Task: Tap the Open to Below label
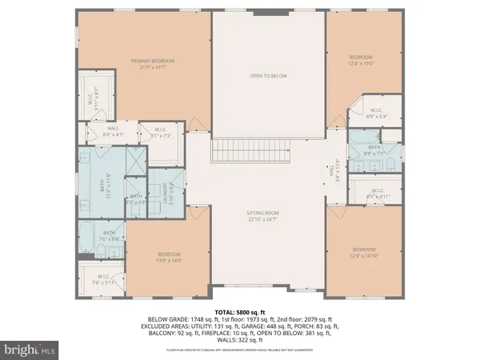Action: tap(267, 76)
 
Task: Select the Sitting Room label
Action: tap(267, 215)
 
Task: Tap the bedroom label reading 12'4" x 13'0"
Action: tap(362, 60)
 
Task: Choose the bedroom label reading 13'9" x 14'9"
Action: tap(169, 257)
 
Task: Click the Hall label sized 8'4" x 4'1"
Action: tap(114, 132)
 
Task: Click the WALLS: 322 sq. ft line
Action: tap(240, 340)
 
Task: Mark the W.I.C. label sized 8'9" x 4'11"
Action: tap(377, 193)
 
